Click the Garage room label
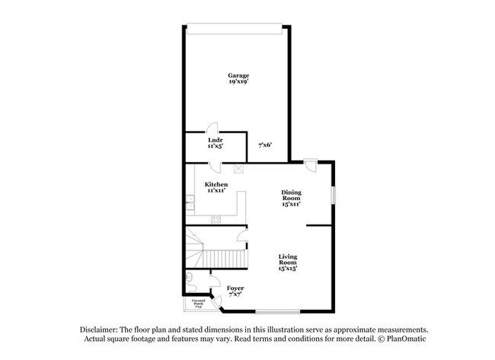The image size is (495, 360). coord(238,75)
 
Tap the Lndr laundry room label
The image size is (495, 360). coord(216,141)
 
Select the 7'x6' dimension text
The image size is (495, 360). coord(265,145)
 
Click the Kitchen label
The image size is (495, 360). coord(216,185)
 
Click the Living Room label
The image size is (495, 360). coord(287,260)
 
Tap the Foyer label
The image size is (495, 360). coord(235,288)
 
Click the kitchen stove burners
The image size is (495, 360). coord(216,220)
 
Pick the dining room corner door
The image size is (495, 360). coord(310,165)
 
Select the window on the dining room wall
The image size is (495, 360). coord(333,193)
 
